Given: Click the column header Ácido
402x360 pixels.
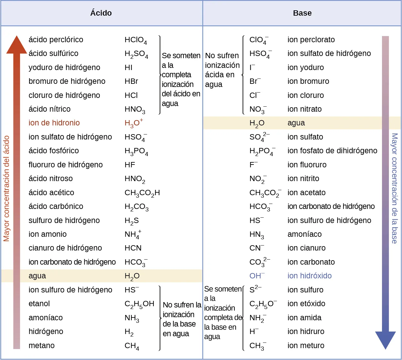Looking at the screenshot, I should (x=101, y=13).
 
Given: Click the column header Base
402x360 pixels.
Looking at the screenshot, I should (x=302, y=13).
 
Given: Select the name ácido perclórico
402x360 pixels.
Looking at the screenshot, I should (x=56, y=40).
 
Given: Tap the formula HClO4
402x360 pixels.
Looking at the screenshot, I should (x=135, y=40).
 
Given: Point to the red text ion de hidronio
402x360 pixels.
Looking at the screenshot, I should (x=54, y=123).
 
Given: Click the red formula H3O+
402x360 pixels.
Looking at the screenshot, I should (x=133, y=123).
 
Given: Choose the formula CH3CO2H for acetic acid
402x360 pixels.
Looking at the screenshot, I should (x=142, y=193).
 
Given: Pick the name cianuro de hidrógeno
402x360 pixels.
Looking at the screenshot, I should (x=65, y=248).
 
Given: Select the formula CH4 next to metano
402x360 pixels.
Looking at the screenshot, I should (x=132, y=346).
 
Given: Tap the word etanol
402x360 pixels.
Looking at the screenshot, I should (x=39, y=304).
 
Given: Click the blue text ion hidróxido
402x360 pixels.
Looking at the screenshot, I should (x=309, y=276).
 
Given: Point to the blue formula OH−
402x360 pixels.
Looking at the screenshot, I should (x=257, y=276).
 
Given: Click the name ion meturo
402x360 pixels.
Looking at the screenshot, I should (x=306, y=346).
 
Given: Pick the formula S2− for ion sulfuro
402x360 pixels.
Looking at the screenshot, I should (x=255, y=289).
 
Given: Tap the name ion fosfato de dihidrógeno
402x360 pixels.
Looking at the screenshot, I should (x=332, y=151).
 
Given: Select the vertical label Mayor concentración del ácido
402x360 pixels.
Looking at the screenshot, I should (x=6, y=188).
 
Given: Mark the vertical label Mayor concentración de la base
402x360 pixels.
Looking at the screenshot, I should (x=395, y=188).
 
